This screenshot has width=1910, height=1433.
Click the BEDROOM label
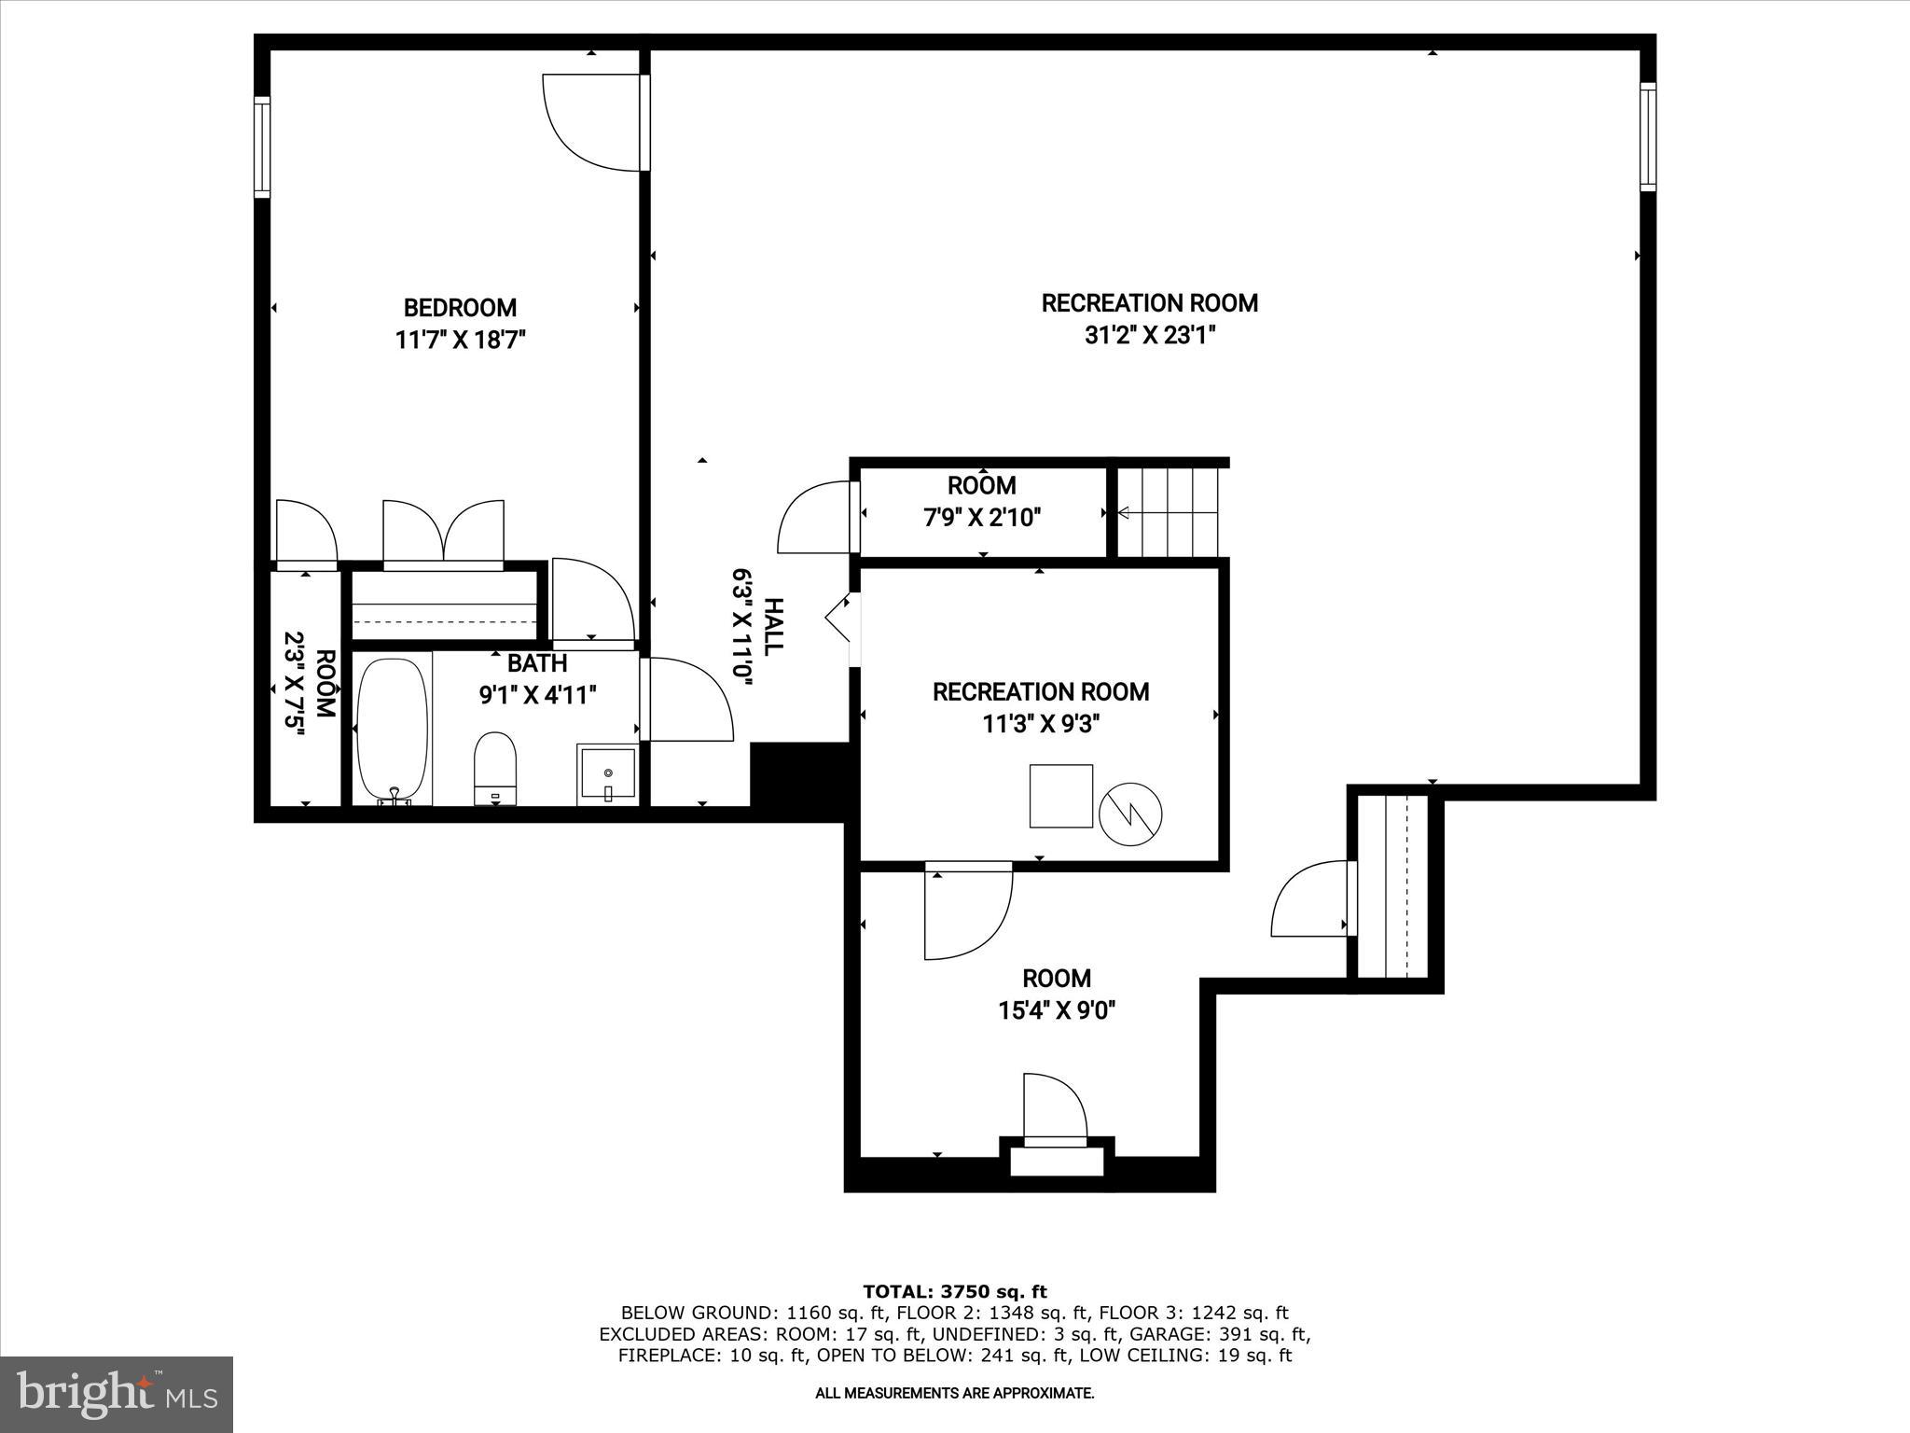(460, 308)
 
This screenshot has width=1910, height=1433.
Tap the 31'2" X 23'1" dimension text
(1150, 335)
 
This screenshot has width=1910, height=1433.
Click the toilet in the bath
(495, 767)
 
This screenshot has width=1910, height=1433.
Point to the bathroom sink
(607, 773)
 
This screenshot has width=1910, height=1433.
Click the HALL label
(773, 626)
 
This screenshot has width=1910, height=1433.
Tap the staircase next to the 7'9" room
(1169, 511)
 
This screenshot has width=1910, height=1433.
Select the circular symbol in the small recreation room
(1130, 814)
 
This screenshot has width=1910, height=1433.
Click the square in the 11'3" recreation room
(1060, 796)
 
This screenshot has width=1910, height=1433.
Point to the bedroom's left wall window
(262, 147)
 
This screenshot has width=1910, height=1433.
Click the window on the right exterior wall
(1648, 137)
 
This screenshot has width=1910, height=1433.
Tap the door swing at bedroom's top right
(592, 123)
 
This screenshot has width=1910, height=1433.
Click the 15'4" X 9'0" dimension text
(1057, 1010)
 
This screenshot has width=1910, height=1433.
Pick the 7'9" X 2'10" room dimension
(982, 517)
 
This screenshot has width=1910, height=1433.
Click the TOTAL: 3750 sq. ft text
(955, 1291)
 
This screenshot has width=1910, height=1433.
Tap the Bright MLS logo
(117, 1394)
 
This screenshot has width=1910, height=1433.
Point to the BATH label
(537, 663)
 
